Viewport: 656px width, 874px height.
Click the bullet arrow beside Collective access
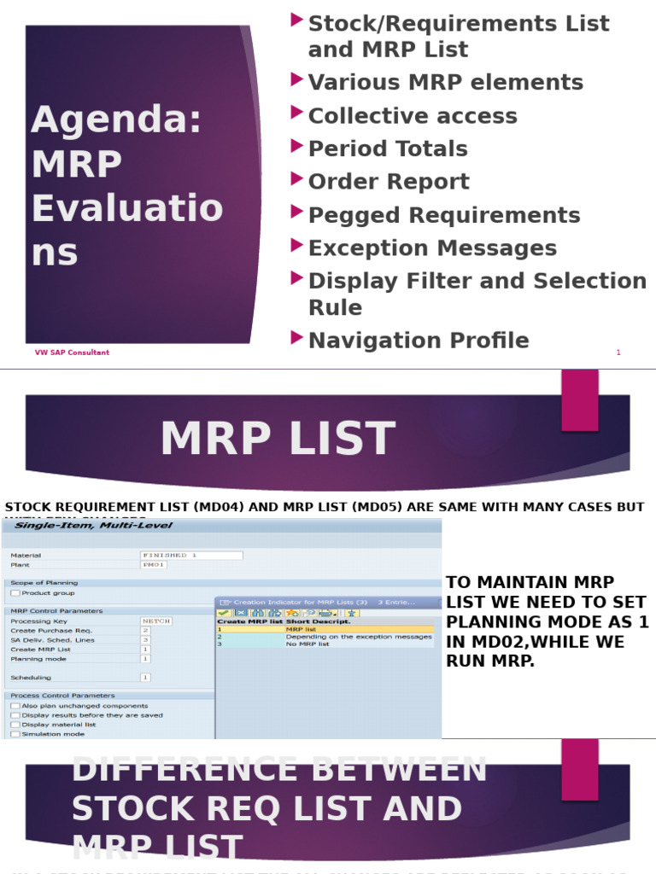(296, 113)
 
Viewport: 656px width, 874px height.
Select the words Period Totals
(388, 149)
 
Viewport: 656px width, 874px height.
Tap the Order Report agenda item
(389, 182)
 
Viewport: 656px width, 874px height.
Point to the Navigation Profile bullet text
(419, 341)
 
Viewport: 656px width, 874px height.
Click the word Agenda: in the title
(117, 120)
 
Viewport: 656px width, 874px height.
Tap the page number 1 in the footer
(618, 353)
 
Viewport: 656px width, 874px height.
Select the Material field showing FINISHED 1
(190, 555)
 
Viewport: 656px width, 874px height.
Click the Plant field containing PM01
(155, 565)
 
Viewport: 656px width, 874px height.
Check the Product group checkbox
(15, 593)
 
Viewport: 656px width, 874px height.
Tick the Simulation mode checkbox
(15, 734)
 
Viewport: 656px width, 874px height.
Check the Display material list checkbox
(15, 725)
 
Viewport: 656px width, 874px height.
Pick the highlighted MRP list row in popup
(325, 629)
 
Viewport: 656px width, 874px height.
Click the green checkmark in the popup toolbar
(224, 613)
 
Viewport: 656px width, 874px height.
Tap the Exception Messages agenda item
(432, 248)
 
